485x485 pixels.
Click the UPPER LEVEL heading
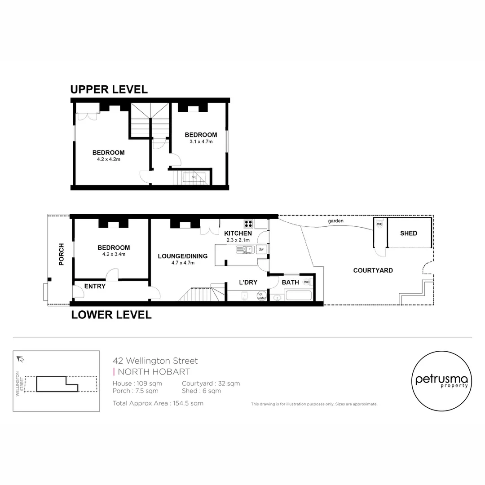point(109,89)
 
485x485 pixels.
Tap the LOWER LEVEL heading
point(111,315)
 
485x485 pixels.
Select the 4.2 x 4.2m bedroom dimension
point(108,159)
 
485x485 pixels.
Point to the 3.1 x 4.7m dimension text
point(201,141)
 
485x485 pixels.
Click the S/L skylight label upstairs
point(194,177)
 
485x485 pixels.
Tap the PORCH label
point(62,254)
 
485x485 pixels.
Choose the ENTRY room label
point(95,286)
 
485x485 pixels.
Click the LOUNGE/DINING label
point(182,256)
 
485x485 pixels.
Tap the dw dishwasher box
point(261,249)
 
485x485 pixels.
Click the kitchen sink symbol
point(245,250)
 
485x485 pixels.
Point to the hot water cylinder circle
point(261,295)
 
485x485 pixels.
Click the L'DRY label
point(247,282)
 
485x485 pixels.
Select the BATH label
point(290,282)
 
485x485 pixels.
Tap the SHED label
point(408,233)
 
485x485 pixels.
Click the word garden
point(335,221)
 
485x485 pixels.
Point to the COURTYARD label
point(373,270)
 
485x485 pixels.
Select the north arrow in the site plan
point(20,359)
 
